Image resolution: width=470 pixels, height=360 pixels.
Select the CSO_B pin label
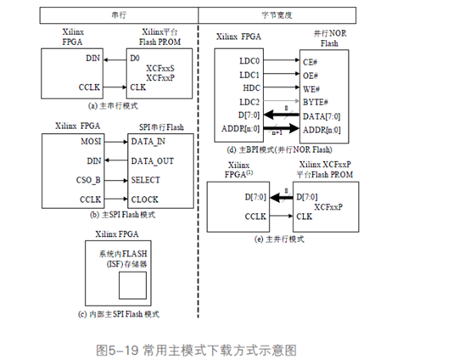(x=92, y=179)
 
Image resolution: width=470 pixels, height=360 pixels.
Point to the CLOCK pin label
(x=147, y=198)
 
